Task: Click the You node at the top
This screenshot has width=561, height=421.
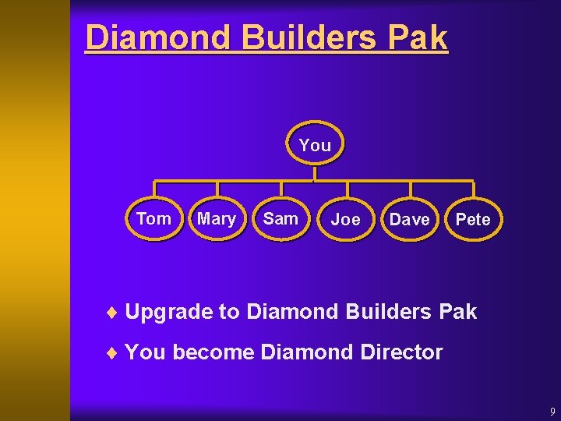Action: (x=315, y=145)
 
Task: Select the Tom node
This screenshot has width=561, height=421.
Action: (x=153, y=219)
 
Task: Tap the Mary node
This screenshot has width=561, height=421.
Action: (x=217, y=219)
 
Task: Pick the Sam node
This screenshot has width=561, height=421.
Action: (x=280, y=219)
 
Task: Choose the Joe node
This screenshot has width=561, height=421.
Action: (x=345, y=220)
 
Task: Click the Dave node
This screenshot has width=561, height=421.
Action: (x=409, y=220)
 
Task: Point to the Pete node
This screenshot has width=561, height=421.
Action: (x=473, y=220)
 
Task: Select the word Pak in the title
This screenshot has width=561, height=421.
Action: (x=422, y=37)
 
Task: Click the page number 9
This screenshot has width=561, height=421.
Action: (x=552, y=412)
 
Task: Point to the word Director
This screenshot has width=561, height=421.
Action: (x=401, y=352)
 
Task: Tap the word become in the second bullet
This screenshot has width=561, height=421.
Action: (x=213, y=352)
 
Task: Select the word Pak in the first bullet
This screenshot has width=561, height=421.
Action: (x=457, y=312)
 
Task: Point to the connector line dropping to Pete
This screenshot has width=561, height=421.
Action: (x=473, y=190)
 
